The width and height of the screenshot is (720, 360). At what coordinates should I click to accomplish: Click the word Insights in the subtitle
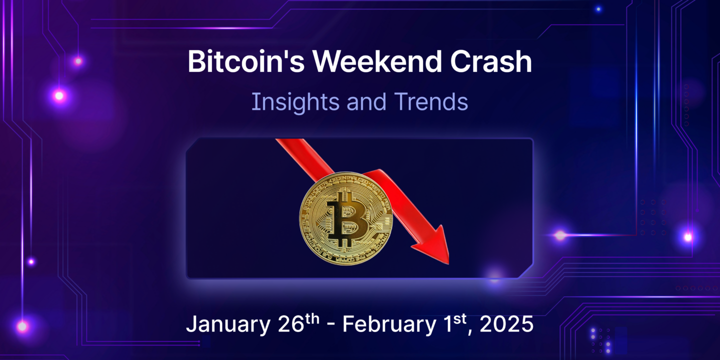point(286,101)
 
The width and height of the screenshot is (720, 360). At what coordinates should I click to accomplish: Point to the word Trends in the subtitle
point(431,101)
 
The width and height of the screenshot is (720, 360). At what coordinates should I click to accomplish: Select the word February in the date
point(388,325)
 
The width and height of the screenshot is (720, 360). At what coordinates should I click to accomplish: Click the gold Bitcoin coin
point(346,219)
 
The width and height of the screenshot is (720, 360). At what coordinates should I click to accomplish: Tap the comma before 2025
point(473,332)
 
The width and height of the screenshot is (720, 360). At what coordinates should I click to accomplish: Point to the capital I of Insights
point(254,101)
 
